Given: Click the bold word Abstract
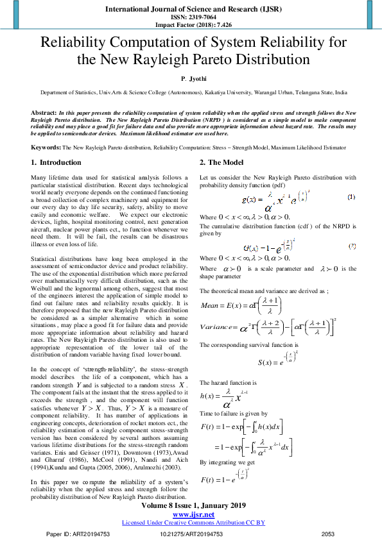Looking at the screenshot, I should (43, 112).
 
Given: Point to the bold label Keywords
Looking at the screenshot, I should (46, 147).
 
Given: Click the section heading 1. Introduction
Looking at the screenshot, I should (56, 162).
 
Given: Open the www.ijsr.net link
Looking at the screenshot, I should (193, 515).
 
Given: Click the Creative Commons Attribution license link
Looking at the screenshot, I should (193, 523).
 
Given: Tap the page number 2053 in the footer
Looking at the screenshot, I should (328, 534).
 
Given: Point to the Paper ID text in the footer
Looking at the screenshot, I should (70, 534).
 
